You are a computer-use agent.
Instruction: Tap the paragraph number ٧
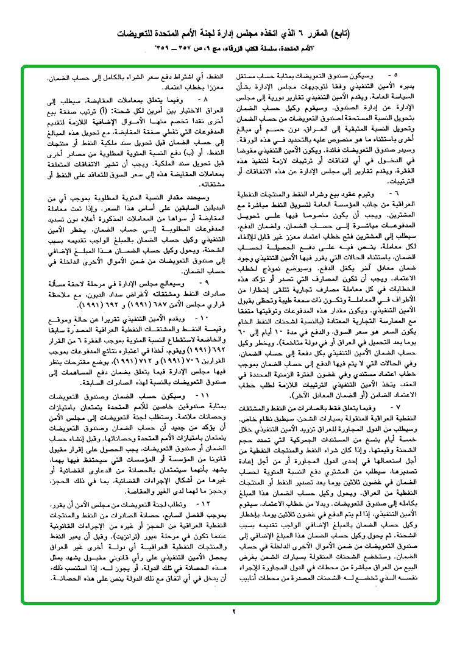(396, 441)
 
